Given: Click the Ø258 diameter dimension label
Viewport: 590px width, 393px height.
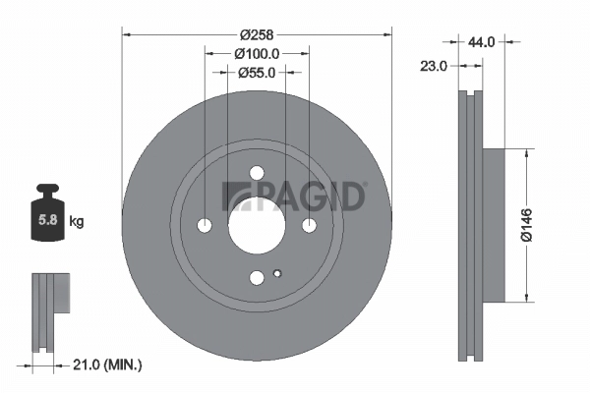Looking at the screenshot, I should [257, 21].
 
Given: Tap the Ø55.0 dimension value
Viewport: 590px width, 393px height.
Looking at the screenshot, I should [257, 72].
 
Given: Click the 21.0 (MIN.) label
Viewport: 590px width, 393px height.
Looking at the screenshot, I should [108, 365].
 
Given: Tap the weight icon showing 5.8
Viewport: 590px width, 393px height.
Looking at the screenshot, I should [46, 216].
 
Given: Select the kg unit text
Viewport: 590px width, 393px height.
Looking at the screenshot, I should [77, 222].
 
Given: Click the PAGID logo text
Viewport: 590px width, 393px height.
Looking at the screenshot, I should [295, 196].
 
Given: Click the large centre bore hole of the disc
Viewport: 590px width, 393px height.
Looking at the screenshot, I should [257, 225].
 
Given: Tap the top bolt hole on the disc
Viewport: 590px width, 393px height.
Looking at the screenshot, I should [257, 173].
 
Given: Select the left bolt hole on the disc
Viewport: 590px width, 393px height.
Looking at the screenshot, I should [205, 226].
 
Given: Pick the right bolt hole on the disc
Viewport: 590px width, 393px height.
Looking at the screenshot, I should [309, 226].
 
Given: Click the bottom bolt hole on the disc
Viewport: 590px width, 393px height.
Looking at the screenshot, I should [257, 278].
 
